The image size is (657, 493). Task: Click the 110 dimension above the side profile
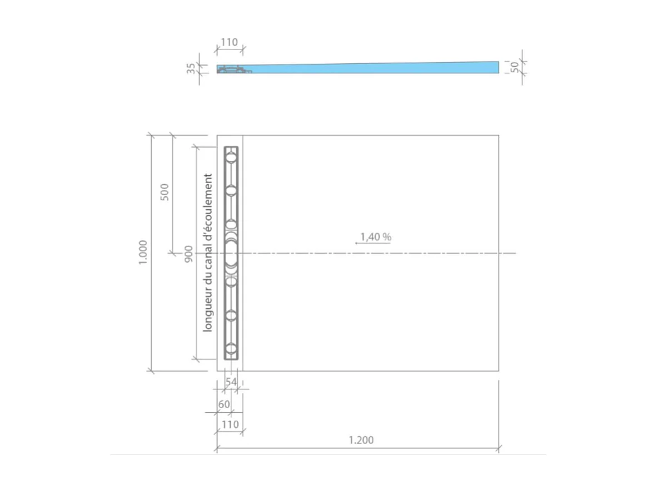pyautogui.click(x=229, y=42)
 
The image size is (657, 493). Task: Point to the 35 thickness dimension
pyautogui.click(x=191, y=68)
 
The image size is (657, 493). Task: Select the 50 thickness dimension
pyautogui.click(x=515, y=67)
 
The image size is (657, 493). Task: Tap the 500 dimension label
pyautogui.click(x=163, y=191)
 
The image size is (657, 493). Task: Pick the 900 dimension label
pyautogui.click(x=188, y=253)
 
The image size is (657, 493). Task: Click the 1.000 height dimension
pyautogui.click(x=142, y=253)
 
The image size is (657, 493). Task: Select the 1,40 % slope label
pyautogui.click(x=376, y=237)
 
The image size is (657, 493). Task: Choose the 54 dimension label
pyautogui.click(x=231, y=382)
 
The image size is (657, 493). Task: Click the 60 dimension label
pyautogui.click(x=223, y=405)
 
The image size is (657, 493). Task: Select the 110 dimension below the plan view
pyautogui.click(x=230, y=425)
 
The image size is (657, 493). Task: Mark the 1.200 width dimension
pyautogui.click(x=361, y=440)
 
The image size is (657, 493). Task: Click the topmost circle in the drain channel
pyautogui.click(x=231, y=157)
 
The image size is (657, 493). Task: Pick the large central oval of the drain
pyautogui.click(x=231, y=254)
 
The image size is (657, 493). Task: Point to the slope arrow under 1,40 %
pyautogui.click(x=372, y=244)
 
